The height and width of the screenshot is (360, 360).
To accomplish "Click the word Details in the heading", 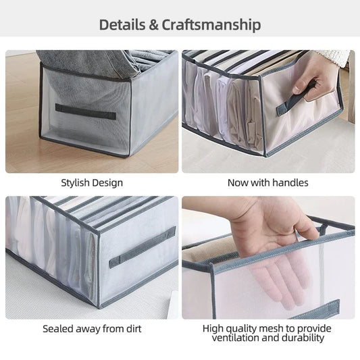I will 122,26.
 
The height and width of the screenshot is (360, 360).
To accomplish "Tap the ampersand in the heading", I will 153,26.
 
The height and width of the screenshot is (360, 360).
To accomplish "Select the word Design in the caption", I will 108,183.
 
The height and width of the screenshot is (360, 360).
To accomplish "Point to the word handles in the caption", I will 291,183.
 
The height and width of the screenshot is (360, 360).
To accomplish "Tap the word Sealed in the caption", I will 57,329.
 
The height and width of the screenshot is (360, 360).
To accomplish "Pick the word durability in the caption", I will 303,338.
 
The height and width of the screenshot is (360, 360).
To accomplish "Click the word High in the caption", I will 215,329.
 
